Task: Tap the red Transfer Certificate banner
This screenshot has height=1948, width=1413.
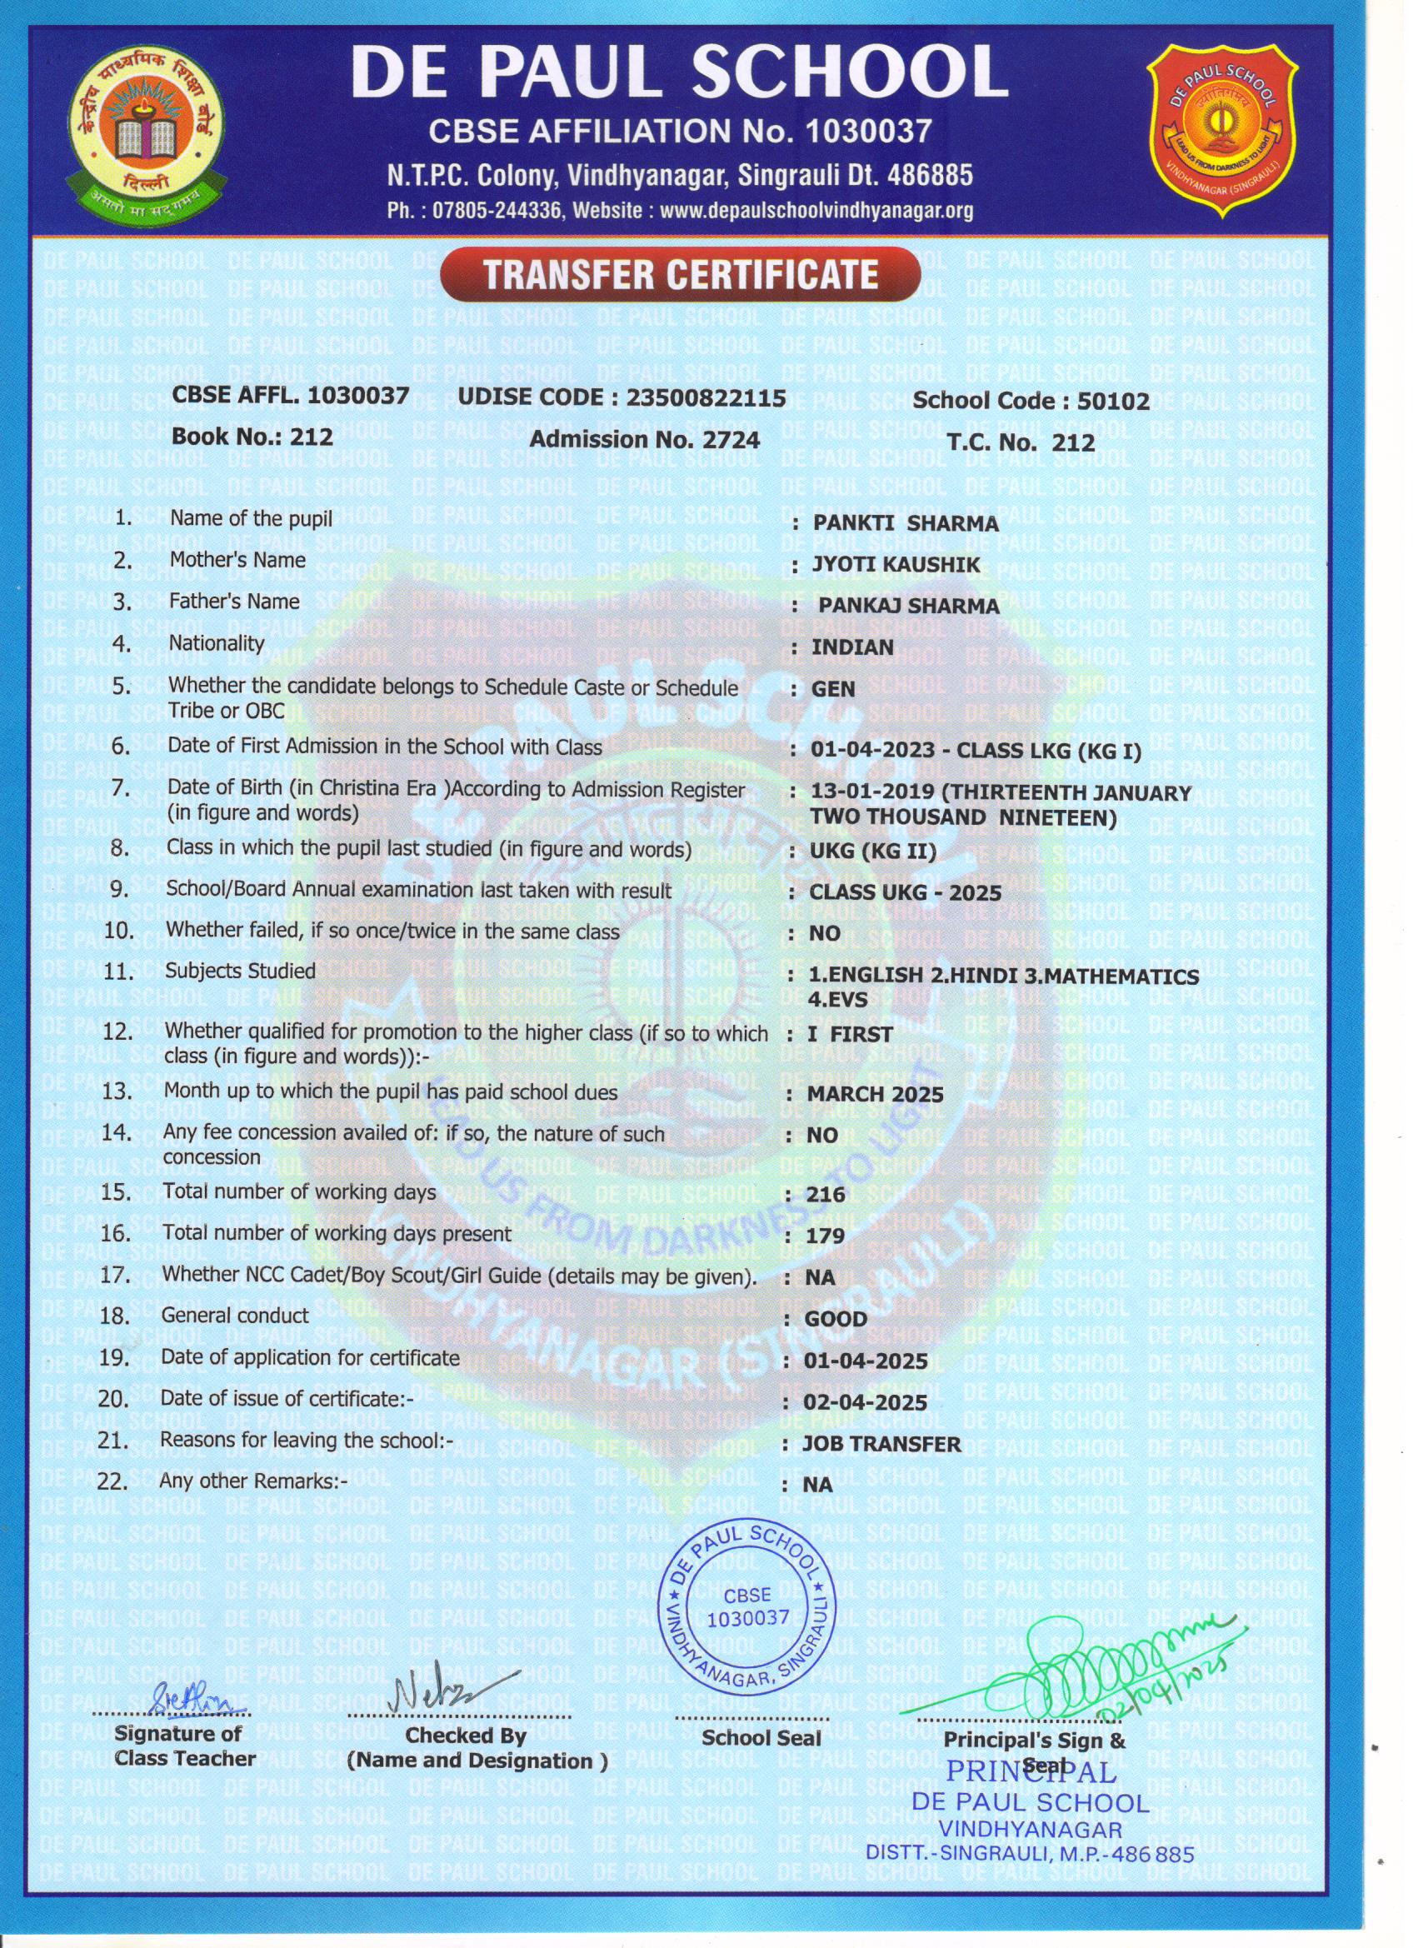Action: (x=681, y=275)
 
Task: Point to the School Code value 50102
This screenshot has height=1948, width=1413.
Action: (x=1112, y=401)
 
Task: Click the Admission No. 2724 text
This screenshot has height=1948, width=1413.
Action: (x=644, y=440)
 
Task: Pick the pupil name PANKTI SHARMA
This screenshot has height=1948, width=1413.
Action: (x=906, y=523)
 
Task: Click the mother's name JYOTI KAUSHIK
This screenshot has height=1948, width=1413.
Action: (x=896, y=564)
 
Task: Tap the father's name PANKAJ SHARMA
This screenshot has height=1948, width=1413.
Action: (x=908, y=606)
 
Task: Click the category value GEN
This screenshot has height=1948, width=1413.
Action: (x=832, y=689)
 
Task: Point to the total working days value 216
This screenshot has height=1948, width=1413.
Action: (x=826, y=1195)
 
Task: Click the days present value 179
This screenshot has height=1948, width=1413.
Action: (x=826, y=1236)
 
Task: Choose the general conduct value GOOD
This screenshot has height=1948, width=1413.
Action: (x=835, y=1319)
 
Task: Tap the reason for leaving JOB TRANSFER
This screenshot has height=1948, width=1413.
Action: (x=881, y=1444)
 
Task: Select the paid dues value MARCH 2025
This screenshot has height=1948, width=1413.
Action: (x=875, y=1094)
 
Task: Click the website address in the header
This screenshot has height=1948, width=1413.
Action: (x=816, y=212)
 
